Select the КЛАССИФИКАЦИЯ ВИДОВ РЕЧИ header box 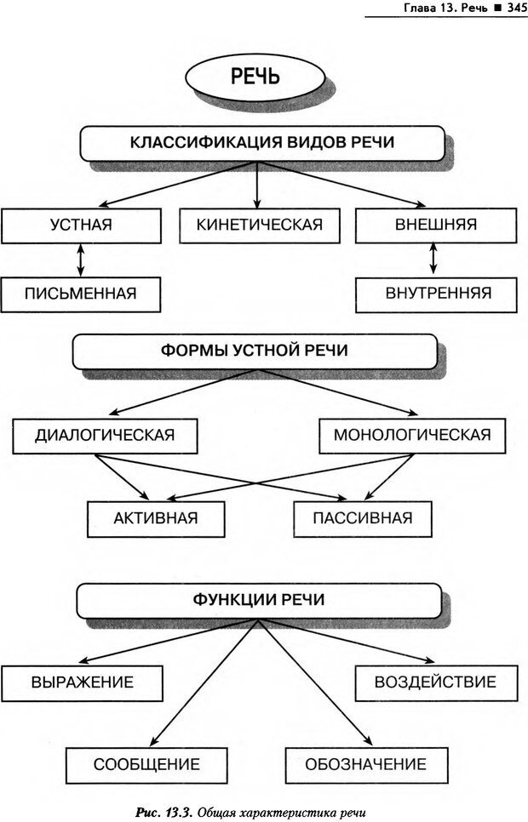coord(261,142)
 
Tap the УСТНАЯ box coord(81,225)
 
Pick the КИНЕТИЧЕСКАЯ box coord(259,225)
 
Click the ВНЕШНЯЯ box coord(435,225)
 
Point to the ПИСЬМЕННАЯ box coord(81,294)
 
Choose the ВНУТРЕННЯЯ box coord(437,294)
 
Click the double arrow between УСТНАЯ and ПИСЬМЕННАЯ coord(81,260)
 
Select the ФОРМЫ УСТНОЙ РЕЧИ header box coord(255,351)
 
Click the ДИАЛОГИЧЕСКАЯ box coord(105,435)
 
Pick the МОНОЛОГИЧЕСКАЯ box coord(411,435)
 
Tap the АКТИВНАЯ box coord(156,517)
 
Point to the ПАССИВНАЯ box coord(362,517)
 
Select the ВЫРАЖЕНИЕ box coord(83,682)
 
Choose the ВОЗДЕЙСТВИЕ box coord(435,682)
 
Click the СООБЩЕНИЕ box coord(146,763)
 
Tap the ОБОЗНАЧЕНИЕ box coord(366,763)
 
